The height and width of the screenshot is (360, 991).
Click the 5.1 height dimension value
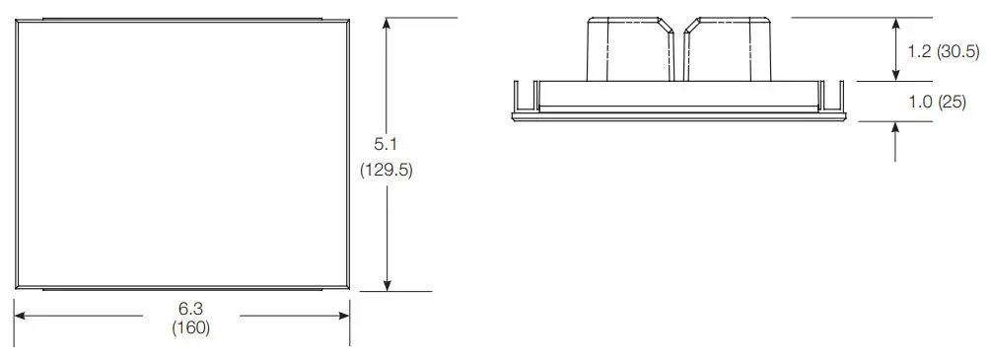[x=386, y=144]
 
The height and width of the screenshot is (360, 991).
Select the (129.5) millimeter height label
[x=386, y=170]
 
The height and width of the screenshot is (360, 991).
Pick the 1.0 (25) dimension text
[x=937, y=102]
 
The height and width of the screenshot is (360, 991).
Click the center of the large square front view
[x=184, y=154]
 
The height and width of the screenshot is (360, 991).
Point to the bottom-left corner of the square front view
[x=17, y=288]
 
